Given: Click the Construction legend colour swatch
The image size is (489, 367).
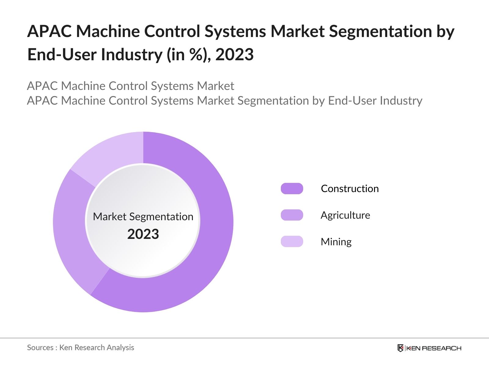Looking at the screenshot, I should [292, 189].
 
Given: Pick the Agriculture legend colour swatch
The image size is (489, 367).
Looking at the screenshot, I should [292, 215].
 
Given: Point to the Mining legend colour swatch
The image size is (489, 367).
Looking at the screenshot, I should [292, 242].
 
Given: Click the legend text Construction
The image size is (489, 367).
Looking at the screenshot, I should [350, 189].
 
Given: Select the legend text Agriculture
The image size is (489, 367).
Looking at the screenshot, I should [345, 215].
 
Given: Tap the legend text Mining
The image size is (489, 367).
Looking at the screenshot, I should [336, 242].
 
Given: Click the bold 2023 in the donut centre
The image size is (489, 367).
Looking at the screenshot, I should [143, 234].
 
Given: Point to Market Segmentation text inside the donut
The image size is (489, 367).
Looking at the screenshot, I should [143, 217].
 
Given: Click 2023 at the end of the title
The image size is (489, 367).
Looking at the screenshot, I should [234, 55].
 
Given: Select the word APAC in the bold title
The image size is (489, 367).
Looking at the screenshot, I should [49, 31].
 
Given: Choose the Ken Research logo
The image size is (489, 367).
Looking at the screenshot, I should [429, 348].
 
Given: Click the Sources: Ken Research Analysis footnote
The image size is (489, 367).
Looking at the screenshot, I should [80, 347].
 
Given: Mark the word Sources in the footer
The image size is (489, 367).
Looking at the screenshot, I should [40, 347].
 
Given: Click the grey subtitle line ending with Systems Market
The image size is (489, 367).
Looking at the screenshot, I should [131, 86].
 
